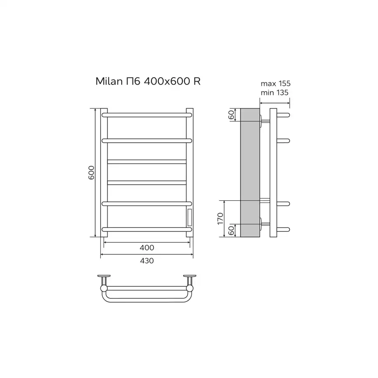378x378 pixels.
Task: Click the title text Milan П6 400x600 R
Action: (148, 81)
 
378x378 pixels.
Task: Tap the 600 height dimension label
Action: (91, 172)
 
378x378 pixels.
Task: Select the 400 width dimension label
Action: (147, 247)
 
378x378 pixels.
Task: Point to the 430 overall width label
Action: (147, 261)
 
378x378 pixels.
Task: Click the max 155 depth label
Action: (275, 83)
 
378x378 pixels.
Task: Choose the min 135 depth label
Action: (275, 93)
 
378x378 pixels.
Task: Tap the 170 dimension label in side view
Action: (220, 218)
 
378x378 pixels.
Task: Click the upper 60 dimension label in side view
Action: (231, 114)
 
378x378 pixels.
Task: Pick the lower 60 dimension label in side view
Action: (231, 230)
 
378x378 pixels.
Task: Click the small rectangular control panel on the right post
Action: (189, 217)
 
